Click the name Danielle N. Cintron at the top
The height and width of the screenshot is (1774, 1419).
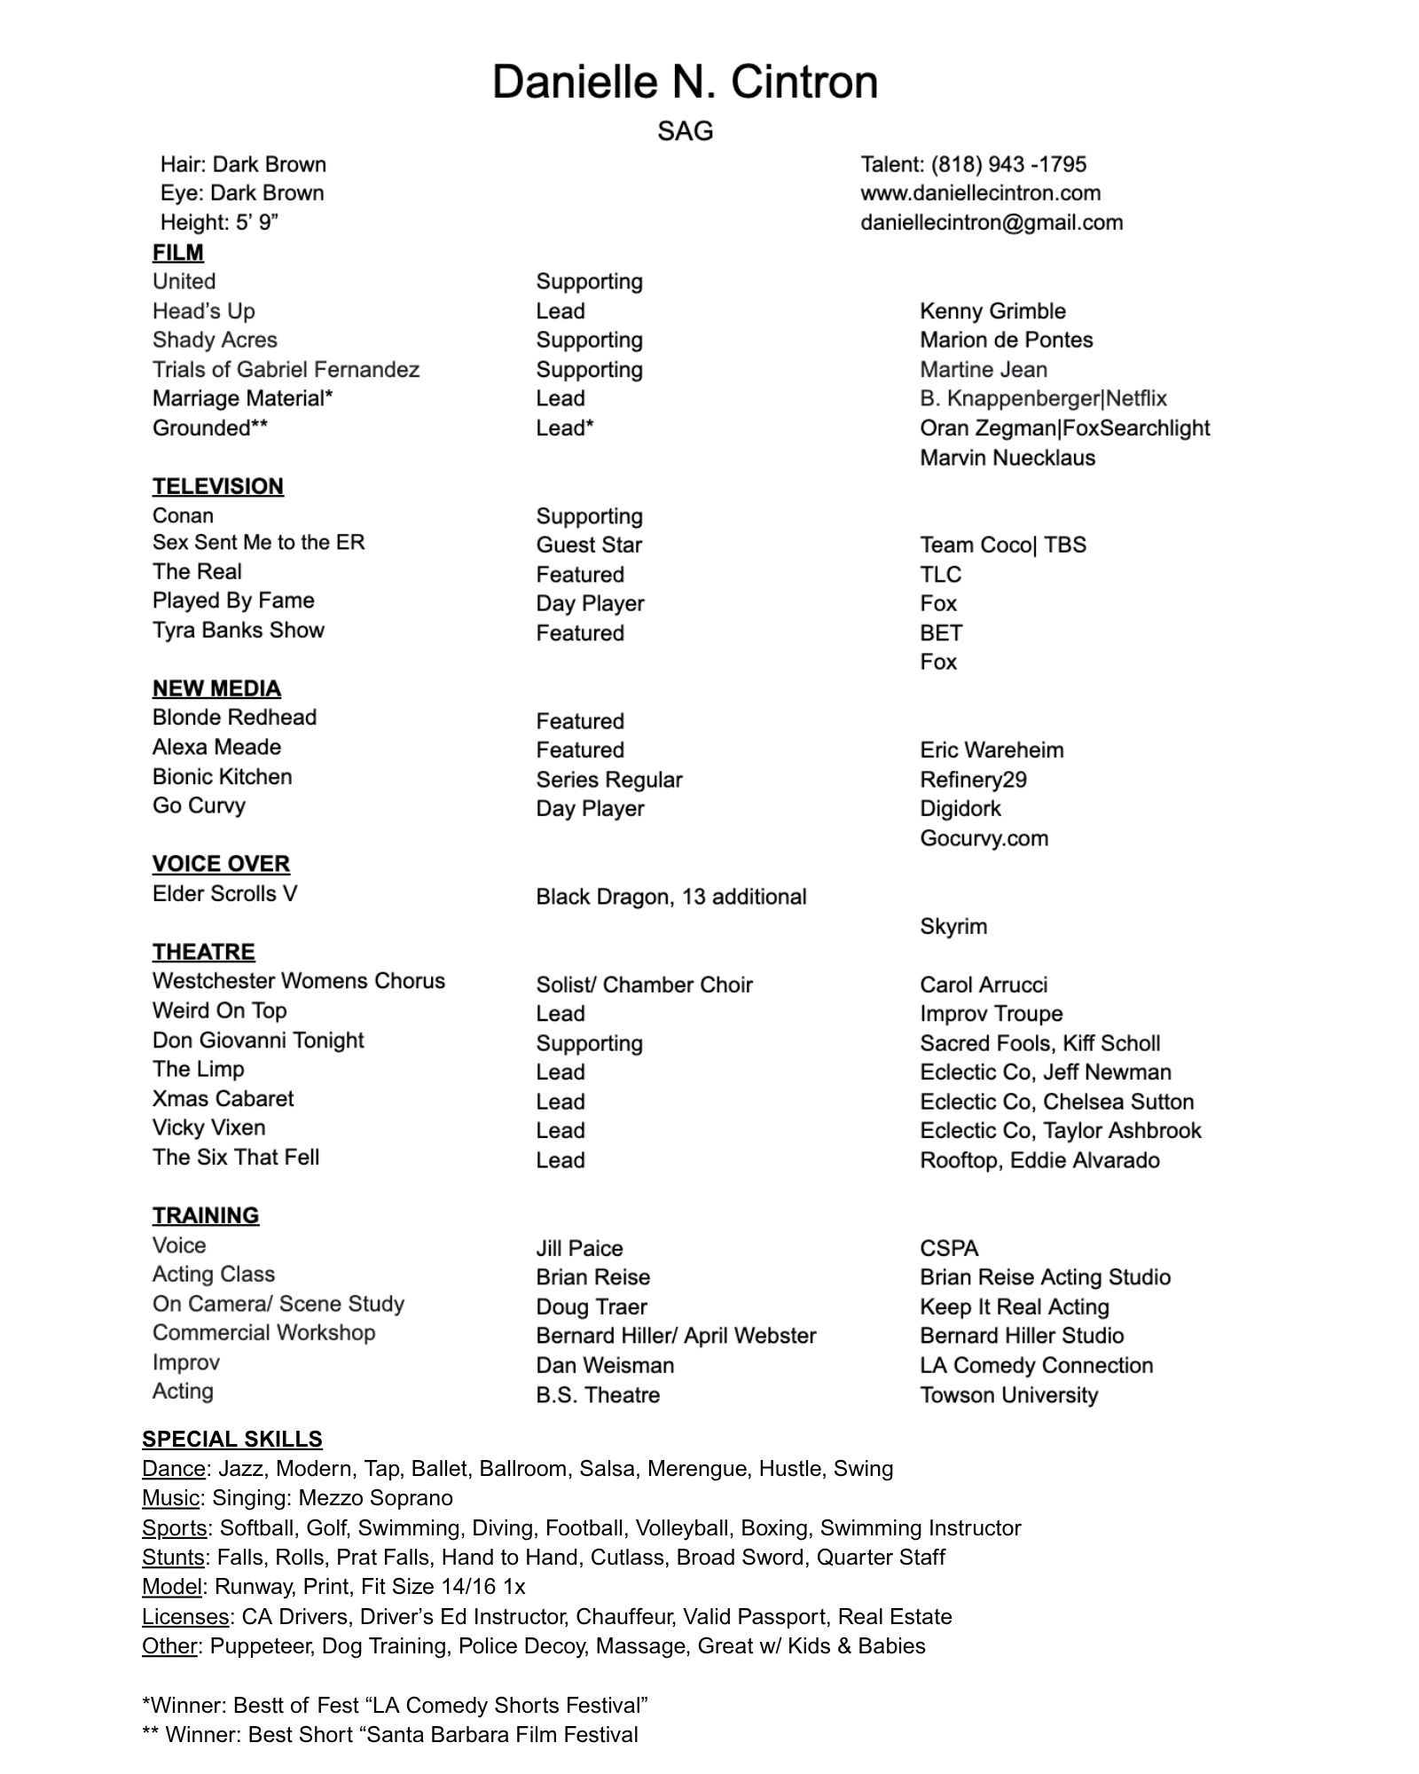tap(685, 82)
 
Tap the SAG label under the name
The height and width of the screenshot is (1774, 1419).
tap(685, 131)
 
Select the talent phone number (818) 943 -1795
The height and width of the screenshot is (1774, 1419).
tap(973, 165)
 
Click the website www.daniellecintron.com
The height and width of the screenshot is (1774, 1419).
tap(980, 193)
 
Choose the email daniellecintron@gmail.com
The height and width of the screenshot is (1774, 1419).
tap(991, 223)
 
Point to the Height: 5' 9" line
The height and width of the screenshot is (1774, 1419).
tap(219, 223)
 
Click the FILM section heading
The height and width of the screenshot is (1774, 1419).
tap(177, 253)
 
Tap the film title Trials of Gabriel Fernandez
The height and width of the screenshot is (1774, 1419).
tap(286, 370)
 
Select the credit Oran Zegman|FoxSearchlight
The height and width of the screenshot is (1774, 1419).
tap(1064, 428)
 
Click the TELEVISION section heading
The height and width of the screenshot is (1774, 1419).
tap(217, 486)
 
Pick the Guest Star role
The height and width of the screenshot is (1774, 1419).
tap(588, 546)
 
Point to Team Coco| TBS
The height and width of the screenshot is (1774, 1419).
tap(1002, 546)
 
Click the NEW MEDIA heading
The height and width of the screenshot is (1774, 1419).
tap(216, 688)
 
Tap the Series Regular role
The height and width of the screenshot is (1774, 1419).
tap(608, 781)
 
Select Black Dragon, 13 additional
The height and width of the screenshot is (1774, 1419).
tap(670, 898)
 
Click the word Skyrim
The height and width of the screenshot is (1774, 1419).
tap(953, 927)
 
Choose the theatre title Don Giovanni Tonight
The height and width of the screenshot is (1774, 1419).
tap(257, 1040)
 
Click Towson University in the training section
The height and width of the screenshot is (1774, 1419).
tap(1008, 1395)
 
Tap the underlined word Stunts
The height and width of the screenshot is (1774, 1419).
tap(173, 1558)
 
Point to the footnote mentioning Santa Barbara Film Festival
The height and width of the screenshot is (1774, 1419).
tap(390, 1735)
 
